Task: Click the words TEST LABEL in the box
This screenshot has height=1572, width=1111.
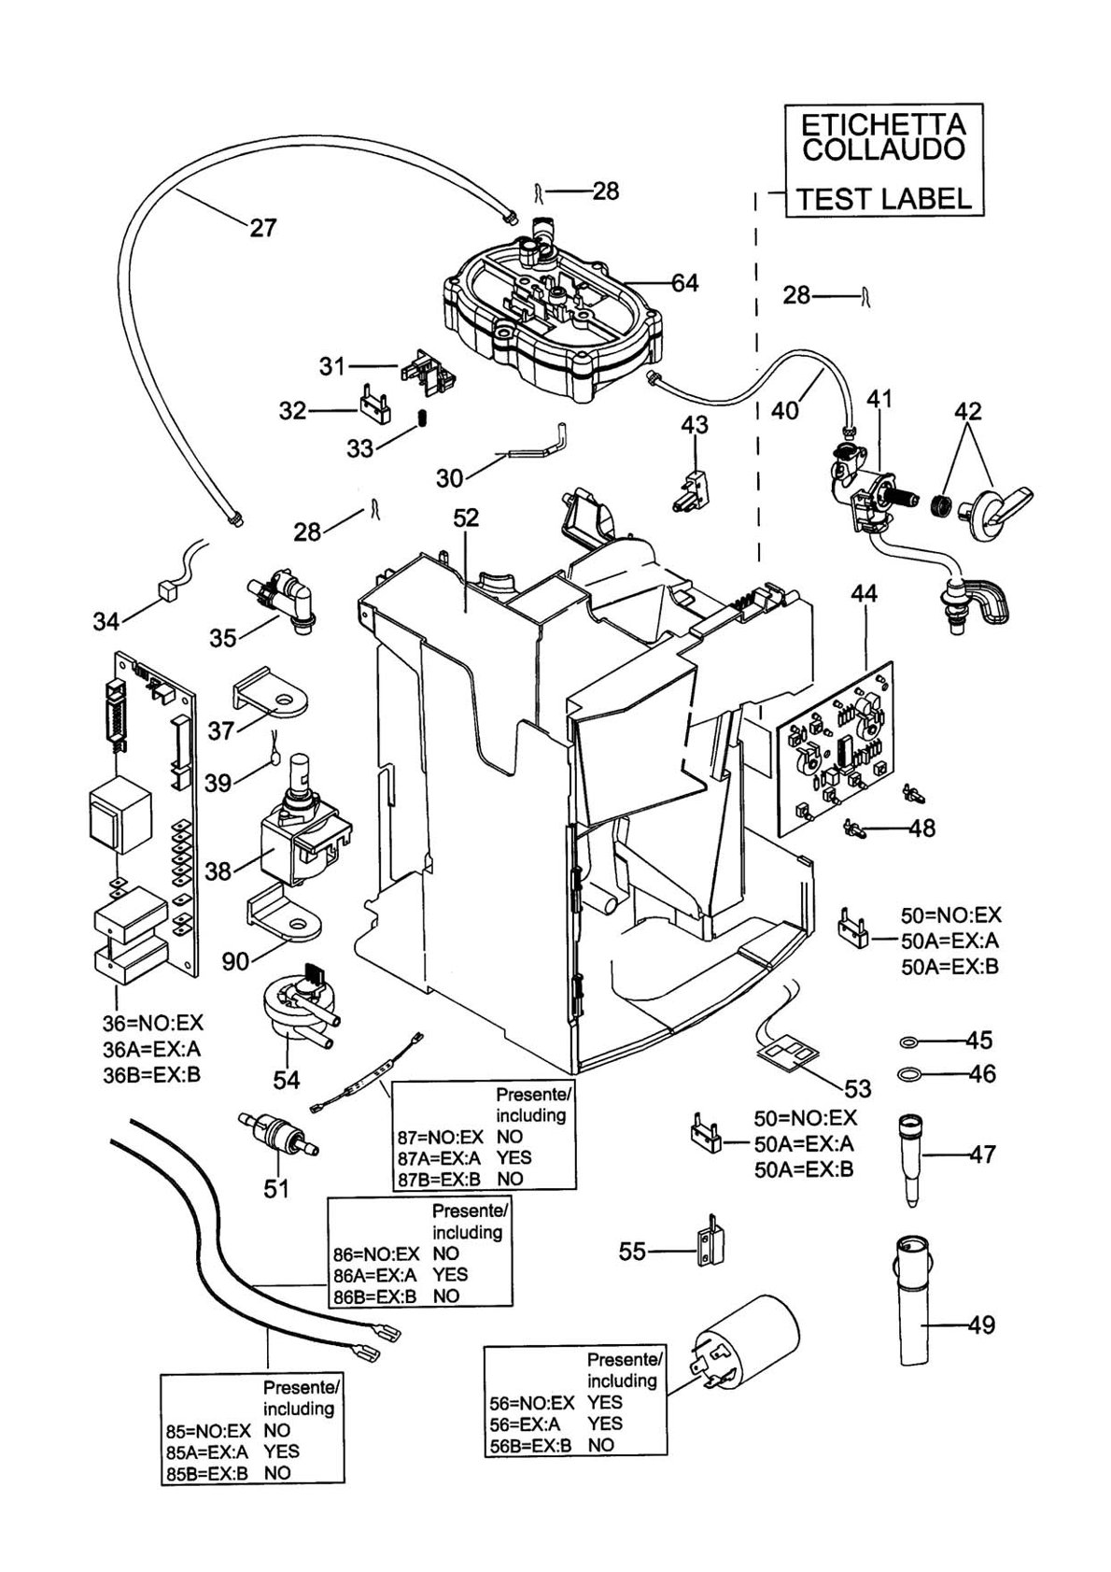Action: [885, 199]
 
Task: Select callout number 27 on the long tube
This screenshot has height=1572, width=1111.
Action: [263, 228]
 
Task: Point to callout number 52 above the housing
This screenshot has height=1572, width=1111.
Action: [466, 518]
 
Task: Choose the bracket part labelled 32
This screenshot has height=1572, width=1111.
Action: [374, 405]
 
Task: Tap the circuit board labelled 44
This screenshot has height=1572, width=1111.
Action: [837, 747]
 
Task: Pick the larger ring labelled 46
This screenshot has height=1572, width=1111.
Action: [910, 1073]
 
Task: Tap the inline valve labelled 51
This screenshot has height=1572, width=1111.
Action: [278, 1135]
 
